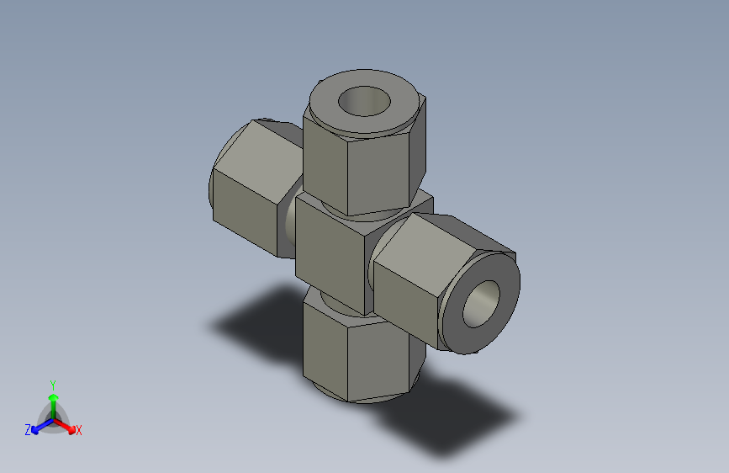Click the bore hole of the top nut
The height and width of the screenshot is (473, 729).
366,103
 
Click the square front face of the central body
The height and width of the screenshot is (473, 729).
330,250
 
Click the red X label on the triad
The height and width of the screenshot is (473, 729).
79,430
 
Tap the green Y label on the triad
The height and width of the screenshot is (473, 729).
53,383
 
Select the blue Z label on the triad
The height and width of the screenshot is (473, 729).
28,429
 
